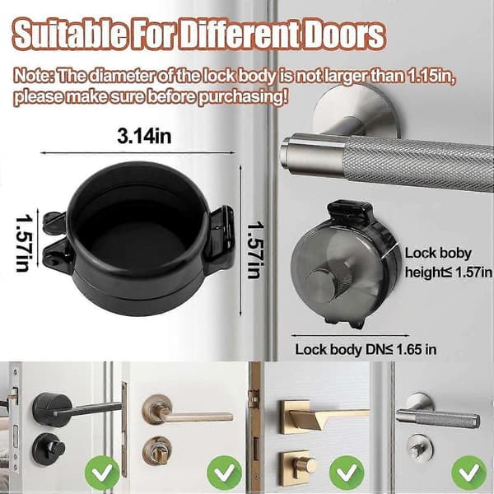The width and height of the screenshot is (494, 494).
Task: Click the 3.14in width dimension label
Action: [144, 136]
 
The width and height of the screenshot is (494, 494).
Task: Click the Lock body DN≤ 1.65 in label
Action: [366, 349]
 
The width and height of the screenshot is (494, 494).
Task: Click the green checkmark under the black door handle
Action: [102, 472]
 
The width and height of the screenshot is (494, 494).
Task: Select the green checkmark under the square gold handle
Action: [347, 473]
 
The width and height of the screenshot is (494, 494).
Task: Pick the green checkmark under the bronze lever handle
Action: [224, 473]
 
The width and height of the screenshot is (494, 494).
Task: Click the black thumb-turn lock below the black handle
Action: [49, 449]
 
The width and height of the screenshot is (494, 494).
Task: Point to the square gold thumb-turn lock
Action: [298, 468]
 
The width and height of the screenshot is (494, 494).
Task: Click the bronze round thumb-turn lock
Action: [157, 452]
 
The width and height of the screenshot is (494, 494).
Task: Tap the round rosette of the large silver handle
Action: [356, 111]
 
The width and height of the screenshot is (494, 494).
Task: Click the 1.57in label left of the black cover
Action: [24, 243]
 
